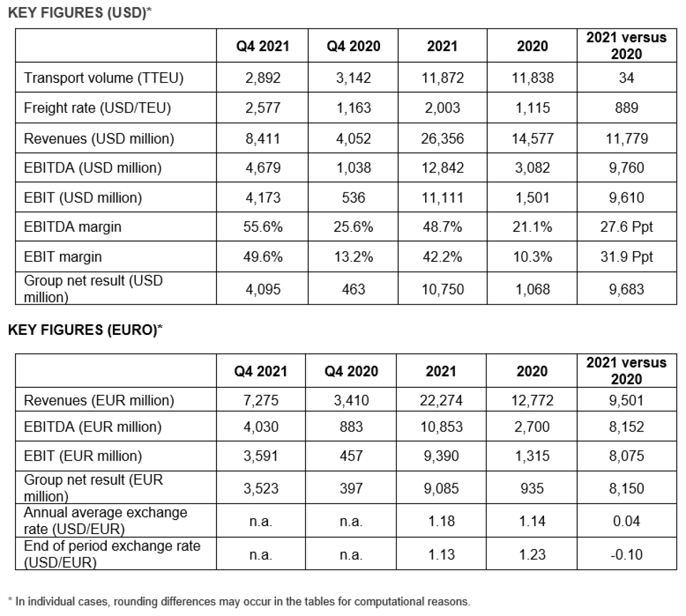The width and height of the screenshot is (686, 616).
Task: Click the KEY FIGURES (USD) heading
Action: coord(79,12)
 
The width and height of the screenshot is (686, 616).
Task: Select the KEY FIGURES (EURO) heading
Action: coord(85,329)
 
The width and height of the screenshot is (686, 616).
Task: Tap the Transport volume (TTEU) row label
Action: coord(103,78)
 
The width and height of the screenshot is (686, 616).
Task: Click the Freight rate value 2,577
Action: coord(263,108)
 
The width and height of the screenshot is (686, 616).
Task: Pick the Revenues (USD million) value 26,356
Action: coord(442,138)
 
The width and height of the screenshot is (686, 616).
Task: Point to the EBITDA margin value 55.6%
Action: coord(263,227)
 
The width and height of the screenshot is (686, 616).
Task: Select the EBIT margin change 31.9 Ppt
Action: coord(627,257)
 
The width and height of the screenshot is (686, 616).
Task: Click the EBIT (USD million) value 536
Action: coord(353,198)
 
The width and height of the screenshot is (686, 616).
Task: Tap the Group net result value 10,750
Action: coord(442,289)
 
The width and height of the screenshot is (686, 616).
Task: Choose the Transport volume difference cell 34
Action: coord(627,78)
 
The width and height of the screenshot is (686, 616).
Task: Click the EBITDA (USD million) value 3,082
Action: coord(532,168)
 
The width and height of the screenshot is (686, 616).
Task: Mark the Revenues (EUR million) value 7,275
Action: coord(260,401)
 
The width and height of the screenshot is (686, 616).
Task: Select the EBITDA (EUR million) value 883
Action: coord(351,427)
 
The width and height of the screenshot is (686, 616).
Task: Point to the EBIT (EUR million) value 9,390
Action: coord(441,456)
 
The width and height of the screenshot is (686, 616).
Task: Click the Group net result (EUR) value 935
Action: coord(532,489)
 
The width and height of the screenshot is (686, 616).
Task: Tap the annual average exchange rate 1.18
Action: coord(441,521)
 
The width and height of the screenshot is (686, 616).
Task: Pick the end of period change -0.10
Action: coord(627,554)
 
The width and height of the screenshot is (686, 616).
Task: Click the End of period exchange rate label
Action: coord(112,554)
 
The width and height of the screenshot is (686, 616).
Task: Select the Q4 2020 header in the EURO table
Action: coord(351,371)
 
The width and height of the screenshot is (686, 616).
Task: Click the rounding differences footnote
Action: coord(239,602)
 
